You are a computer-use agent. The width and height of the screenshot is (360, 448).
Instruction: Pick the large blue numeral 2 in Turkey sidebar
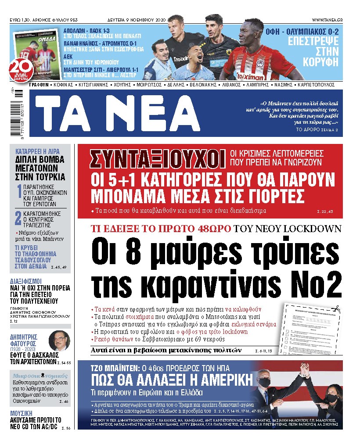18,218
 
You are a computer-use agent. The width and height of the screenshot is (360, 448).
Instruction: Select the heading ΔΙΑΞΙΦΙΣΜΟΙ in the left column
25,281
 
